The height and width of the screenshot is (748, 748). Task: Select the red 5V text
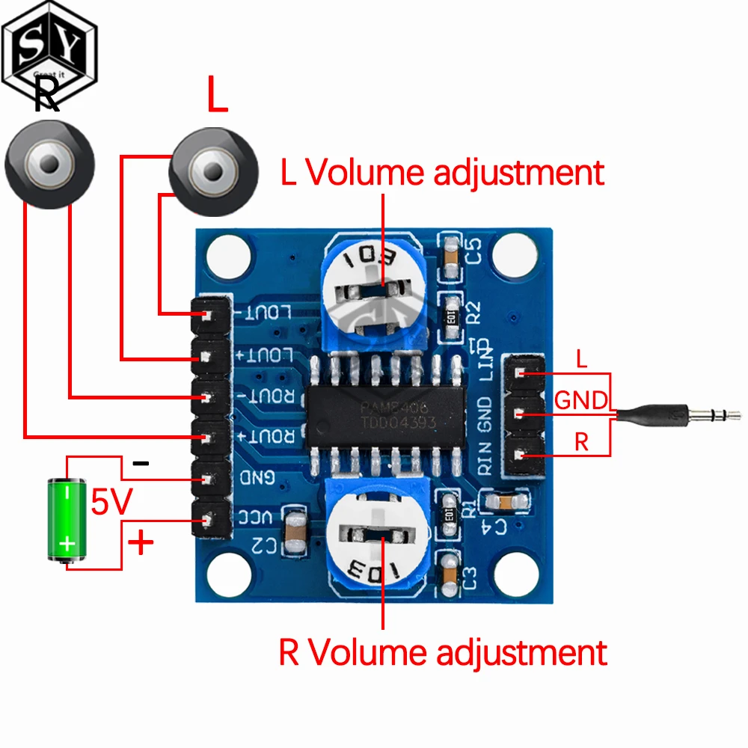pyautogui.click(x=111, y=503)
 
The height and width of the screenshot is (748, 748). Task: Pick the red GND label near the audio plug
pyautogui.click(x=581, y=401)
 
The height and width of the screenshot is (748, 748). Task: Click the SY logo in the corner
pyautogui.click(x=48, y=45)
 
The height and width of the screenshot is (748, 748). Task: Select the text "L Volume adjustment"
pyautogui.click(x=442, y=173)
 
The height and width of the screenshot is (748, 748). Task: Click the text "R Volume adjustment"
pyautogui.click(x=442, y=652)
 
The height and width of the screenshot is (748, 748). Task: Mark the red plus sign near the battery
pyautogui.click(x=141, y=542)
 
